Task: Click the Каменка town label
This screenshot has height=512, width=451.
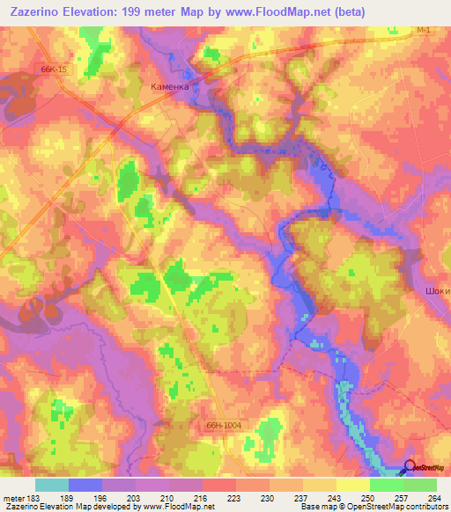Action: pyautogui.click(x=170, y=87)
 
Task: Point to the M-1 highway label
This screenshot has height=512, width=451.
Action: pyautogui.click(x=424, y=30)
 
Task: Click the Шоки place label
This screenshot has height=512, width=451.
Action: pyautogui.click(x=437, y=290)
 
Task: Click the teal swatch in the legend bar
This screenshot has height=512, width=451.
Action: pyautogui.click(x=51, y=485)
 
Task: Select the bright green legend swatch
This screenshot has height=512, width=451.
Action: pyautogui.click(x=386, y=485)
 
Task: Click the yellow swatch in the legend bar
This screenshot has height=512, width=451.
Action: pyautogui.click(x=352, y=485)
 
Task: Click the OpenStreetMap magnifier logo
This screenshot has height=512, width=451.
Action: pyautogui.click(x=409, y=469)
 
